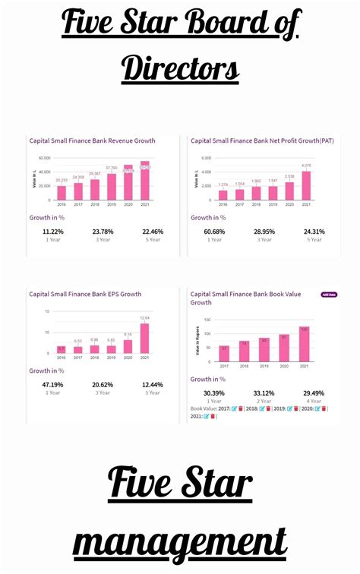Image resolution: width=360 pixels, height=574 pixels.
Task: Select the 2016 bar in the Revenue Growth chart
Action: coord(62,193)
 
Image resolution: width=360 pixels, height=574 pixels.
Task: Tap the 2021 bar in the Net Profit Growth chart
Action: coord(306,185)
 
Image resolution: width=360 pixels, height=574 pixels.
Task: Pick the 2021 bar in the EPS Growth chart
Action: coord(145,338)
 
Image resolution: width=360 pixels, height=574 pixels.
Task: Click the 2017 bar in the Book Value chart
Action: coord(224,352)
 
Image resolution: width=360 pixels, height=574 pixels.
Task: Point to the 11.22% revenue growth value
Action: coord(53,232)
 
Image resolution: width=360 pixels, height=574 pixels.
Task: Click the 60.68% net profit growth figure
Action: coord(215,232)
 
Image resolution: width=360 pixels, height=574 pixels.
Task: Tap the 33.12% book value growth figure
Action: coord(264,393)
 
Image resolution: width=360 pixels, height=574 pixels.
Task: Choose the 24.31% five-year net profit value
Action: coord(314,232)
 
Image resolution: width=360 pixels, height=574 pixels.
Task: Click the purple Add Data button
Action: coord(328,294)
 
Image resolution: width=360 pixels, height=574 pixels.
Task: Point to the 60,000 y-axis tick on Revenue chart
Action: coord(43,158)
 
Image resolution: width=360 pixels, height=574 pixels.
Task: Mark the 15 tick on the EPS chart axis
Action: coord(46,311)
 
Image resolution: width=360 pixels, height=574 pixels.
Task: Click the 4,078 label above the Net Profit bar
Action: coord(306,166)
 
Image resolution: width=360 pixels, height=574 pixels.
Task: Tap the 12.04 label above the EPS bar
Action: coord(145,318)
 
